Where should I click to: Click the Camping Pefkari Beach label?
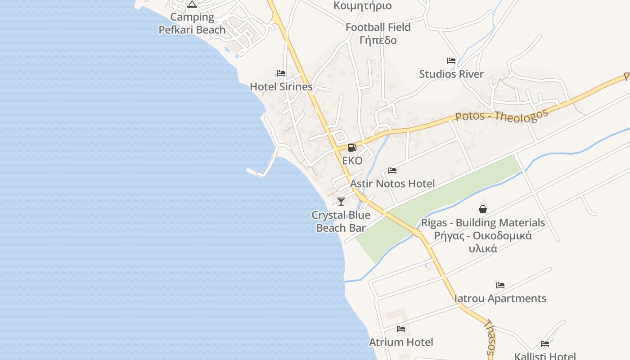192,23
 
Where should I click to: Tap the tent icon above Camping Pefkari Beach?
192,4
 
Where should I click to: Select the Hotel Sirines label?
281,86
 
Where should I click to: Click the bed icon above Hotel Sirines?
281,73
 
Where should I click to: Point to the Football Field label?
378,27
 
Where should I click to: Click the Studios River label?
451,74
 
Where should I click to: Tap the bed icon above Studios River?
451,61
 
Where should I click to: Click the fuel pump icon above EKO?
352,147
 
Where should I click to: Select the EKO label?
352,161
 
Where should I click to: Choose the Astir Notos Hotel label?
392,184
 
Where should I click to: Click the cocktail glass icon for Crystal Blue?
341,201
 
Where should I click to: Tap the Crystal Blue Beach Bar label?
341,221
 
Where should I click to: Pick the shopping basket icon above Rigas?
483,209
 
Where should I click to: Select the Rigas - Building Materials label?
483,223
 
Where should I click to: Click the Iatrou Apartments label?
500,298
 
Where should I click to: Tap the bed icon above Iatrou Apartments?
500,285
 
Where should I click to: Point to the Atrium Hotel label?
401,342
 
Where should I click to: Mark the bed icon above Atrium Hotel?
401,329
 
